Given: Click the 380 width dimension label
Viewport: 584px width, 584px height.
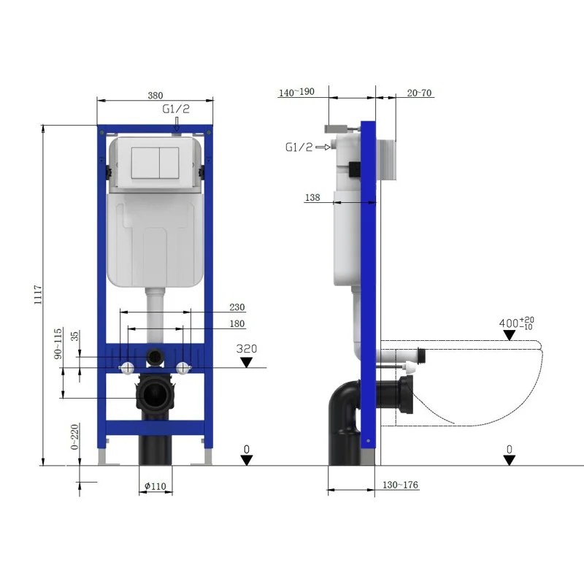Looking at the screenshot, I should [155, 95].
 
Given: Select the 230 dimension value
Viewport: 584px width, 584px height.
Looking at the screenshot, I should [237, 307].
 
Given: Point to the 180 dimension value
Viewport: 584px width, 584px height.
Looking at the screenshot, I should [237, 323].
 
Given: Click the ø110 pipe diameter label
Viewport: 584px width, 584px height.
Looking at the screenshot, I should [155, 486].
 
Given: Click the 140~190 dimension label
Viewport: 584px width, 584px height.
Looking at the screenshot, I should [296, 92].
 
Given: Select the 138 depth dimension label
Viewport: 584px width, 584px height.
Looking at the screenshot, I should [312, 197].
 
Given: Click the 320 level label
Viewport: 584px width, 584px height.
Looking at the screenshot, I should [247, 349].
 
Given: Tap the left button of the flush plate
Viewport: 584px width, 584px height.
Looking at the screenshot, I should [145, 164].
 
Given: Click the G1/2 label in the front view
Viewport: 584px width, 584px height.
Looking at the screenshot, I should [176, 108].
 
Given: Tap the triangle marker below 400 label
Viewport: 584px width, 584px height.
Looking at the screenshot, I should [510, 335].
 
